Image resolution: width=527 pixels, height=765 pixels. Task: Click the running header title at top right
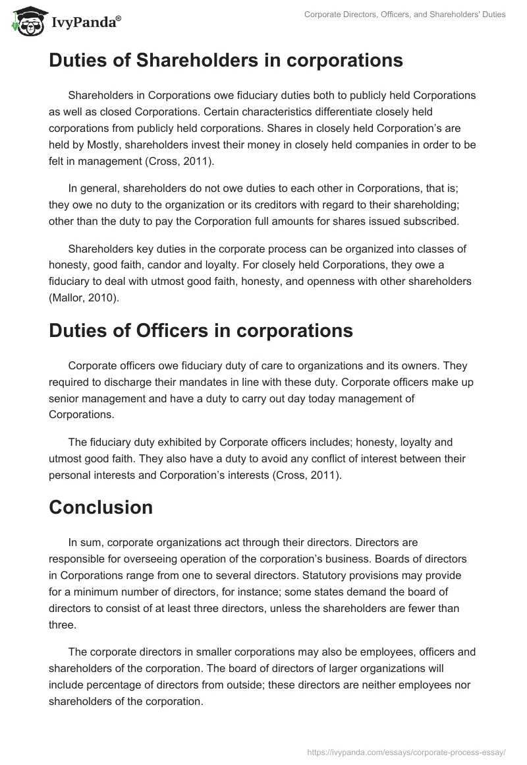click(405, 15)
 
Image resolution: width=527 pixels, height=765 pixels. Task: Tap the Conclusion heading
click(101, 506)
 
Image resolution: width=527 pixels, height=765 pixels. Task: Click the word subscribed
click(426, 221)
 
